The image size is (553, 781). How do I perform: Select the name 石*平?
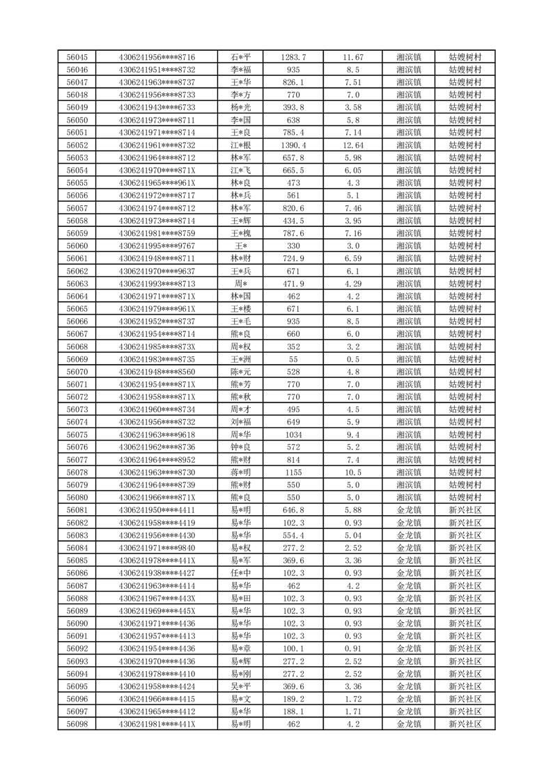pyautogui.click(x=240, y=57)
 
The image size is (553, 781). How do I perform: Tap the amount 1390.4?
pyautogui.click(x=293, y=145)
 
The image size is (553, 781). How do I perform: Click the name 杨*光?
pyautogui.click(x=240, y=107)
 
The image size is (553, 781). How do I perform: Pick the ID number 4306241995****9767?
pyautogui.click(x=157, y=246)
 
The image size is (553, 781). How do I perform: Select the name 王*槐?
pyautogui.click(x=240, y=233)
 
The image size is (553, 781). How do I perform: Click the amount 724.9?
pyautogui.click(x=293, y=258)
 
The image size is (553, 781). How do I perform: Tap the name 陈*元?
pyautogui.click(x=240, y=372)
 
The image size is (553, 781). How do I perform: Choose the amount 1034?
pyautogui.click(x=293, y=434)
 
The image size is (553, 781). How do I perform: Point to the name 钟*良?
pyautogui.click(x=240, y=447)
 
